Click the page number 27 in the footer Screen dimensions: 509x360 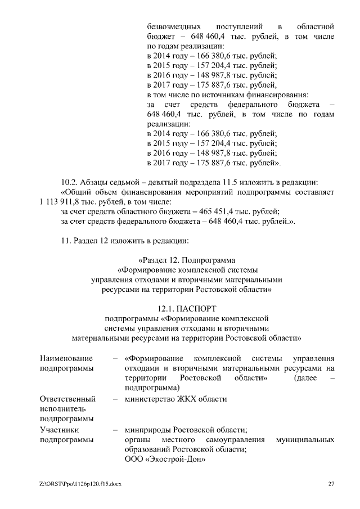click(x=331, y=484)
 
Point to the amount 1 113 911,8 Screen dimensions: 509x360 click(x=61, y=202)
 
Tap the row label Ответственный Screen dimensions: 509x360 click(x=67, y=399)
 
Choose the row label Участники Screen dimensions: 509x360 click(x=60, y=430)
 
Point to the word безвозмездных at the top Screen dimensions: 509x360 click(x=175, y=26)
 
